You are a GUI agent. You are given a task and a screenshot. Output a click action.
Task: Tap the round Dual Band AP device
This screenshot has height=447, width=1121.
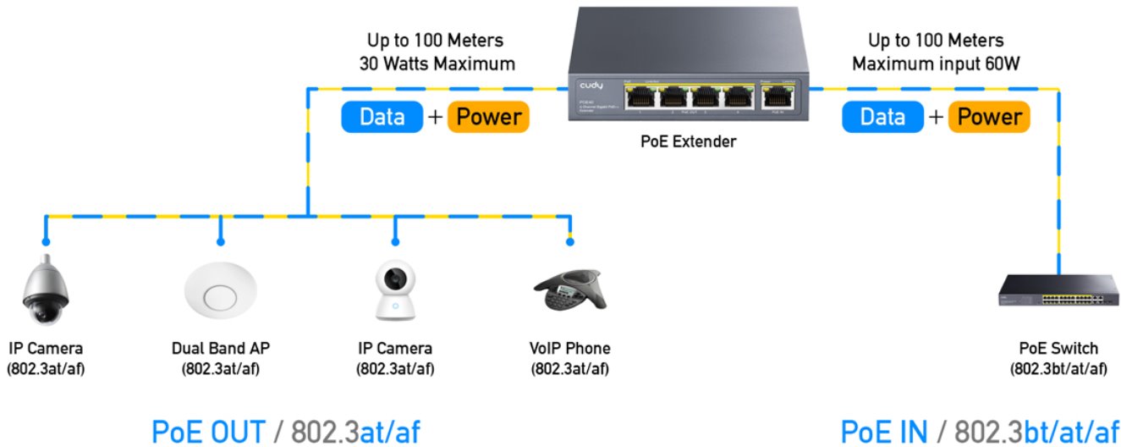221,292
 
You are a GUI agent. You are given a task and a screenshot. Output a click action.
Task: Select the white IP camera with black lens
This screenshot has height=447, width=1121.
394,292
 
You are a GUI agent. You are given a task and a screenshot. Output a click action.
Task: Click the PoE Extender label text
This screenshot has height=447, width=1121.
688,142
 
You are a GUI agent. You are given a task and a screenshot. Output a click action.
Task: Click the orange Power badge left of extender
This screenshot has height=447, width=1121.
487,118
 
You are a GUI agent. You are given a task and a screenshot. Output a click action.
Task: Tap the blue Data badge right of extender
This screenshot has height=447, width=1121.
882,118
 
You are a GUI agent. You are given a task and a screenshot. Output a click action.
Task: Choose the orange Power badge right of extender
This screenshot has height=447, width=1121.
988,118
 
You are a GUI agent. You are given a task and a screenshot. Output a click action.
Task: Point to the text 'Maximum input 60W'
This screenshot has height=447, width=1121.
936,63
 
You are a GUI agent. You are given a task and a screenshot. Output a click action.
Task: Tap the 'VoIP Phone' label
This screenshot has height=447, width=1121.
569,349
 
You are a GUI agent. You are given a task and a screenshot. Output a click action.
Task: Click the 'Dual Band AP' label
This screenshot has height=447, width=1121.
221,349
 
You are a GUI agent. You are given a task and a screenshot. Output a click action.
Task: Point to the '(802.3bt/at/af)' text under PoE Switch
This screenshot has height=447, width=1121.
1058,368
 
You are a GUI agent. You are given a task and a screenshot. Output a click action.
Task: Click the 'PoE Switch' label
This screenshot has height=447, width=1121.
1058,349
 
